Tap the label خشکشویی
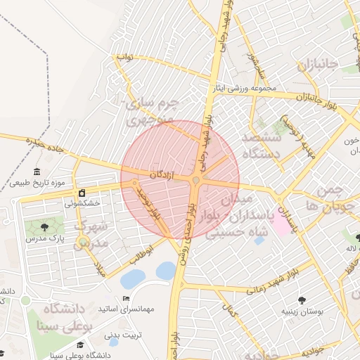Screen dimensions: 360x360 pyautogui.click(x=82, y=203)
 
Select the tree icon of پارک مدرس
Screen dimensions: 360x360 pyautogui.click(x=45, y=227)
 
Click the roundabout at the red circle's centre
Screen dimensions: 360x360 pyautogui.click(x=198, y=181)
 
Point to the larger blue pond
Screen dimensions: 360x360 pyautogui.click(x=132, y=279)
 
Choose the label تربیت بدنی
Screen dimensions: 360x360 pyautogui.click(x=123, y=335)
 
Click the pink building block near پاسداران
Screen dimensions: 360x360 pyautogui.click(x=283, y=224)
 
